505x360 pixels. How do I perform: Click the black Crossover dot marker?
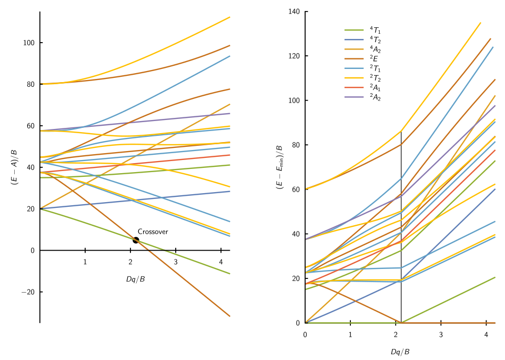(136, 240)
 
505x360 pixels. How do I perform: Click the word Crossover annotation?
(153, 232)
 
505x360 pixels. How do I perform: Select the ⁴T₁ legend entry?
(363, 31)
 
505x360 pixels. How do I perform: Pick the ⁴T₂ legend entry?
(363, 39)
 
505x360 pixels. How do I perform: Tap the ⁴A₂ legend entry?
(363, 49)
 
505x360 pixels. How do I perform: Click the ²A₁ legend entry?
(363, 87)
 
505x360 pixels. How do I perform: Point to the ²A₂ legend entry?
(363, 97)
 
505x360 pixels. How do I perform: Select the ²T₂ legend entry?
(363, 78)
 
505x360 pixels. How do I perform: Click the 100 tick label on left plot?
(28, 43)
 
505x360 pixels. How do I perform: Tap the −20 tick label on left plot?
(28, 292)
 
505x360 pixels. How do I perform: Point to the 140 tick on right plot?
(294, 12)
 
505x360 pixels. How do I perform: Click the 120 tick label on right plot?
(294, 56)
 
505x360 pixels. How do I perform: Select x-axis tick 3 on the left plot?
(176, 262)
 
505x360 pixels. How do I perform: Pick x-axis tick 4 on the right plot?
(486, 335)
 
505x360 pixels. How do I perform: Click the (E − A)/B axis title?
(15, 167)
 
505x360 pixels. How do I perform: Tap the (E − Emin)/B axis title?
(279, 167)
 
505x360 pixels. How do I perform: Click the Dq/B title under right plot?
(400, 352)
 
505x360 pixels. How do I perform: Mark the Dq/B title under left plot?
(136, 279)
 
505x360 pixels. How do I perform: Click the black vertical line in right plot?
(401, 227)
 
